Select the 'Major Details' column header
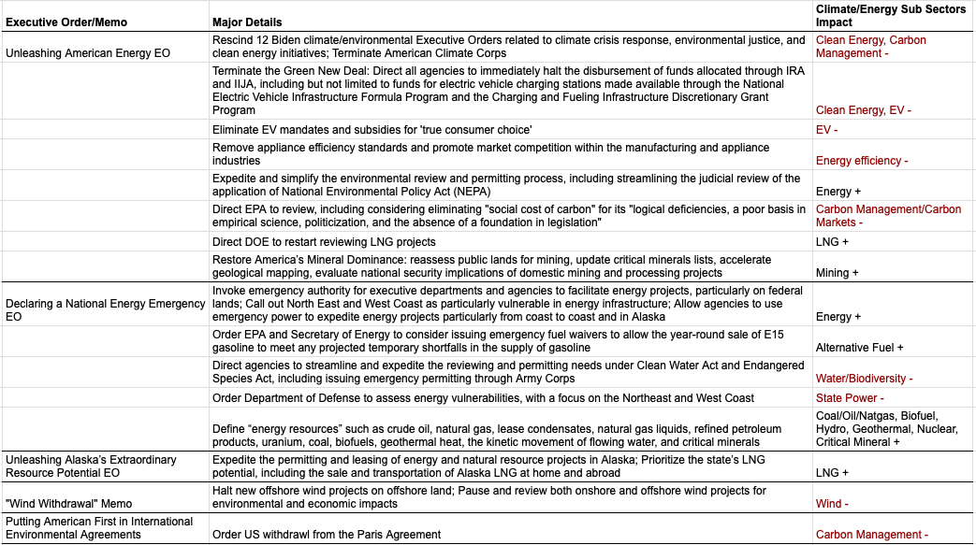(247, 22)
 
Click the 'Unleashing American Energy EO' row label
(88, 53)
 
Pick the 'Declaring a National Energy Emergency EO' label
(93, 310)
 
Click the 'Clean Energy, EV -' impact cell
(863, 110)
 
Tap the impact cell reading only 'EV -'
(826, 129)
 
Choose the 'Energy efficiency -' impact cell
(862, 161)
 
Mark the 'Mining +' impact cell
(838, 273)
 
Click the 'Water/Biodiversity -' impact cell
(864, 379)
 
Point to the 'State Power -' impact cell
(849, 398)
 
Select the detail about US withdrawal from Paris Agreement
(327, 535)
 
